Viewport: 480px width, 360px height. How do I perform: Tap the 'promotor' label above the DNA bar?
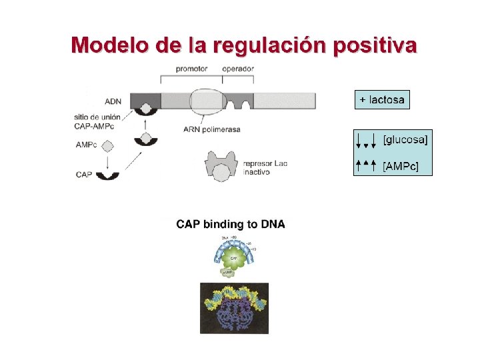[191, 68]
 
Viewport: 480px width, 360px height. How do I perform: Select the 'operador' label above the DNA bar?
[237, 68]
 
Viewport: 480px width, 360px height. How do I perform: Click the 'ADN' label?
[113, 102]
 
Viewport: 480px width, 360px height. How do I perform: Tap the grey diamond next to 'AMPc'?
[107, 145]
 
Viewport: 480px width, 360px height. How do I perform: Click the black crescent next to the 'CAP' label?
[107, 175]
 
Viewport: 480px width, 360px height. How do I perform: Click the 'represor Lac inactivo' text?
[265, 167]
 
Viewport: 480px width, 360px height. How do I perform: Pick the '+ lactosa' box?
[381, 100]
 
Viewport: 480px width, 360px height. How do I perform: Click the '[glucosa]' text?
[405, 139]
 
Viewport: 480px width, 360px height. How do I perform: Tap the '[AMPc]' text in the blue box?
[401, 165]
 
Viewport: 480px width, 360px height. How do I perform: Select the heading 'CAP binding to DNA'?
[230, 225]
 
